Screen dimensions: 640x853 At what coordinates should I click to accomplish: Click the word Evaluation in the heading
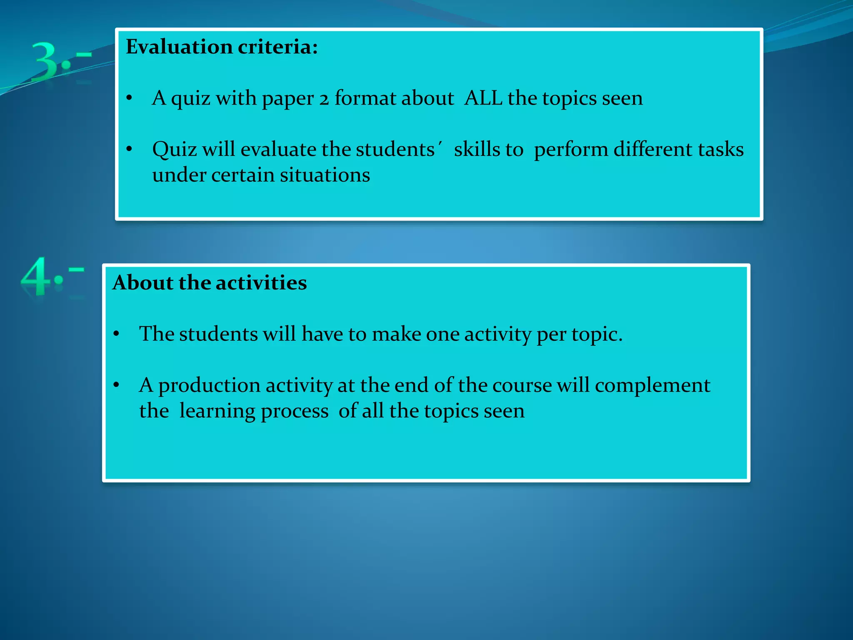tap(179, 47)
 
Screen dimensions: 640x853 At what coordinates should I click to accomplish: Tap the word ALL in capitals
tap(483, 98)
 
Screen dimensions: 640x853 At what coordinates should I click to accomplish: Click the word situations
tap(325, 175)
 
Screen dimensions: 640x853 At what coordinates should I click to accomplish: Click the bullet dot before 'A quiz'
tap(129, 98)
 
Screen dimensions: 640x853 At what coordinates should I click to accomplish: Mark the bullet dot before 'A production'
tap(116, 385)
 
